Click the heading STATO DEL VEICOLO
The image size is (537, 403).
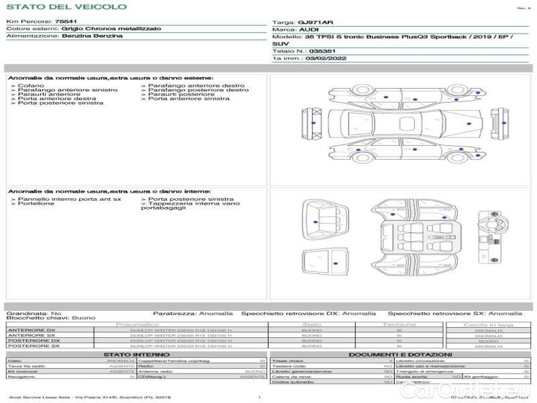coord(66,7)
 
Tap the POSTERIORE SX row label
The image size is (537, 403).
coord(32,346)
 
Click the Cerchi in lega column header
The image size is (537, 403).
coord(487,324)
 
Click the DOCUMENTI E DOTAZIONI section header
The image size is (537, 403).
coord(400,355)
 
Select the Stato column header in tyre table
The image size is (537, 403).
coord(312,324)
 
